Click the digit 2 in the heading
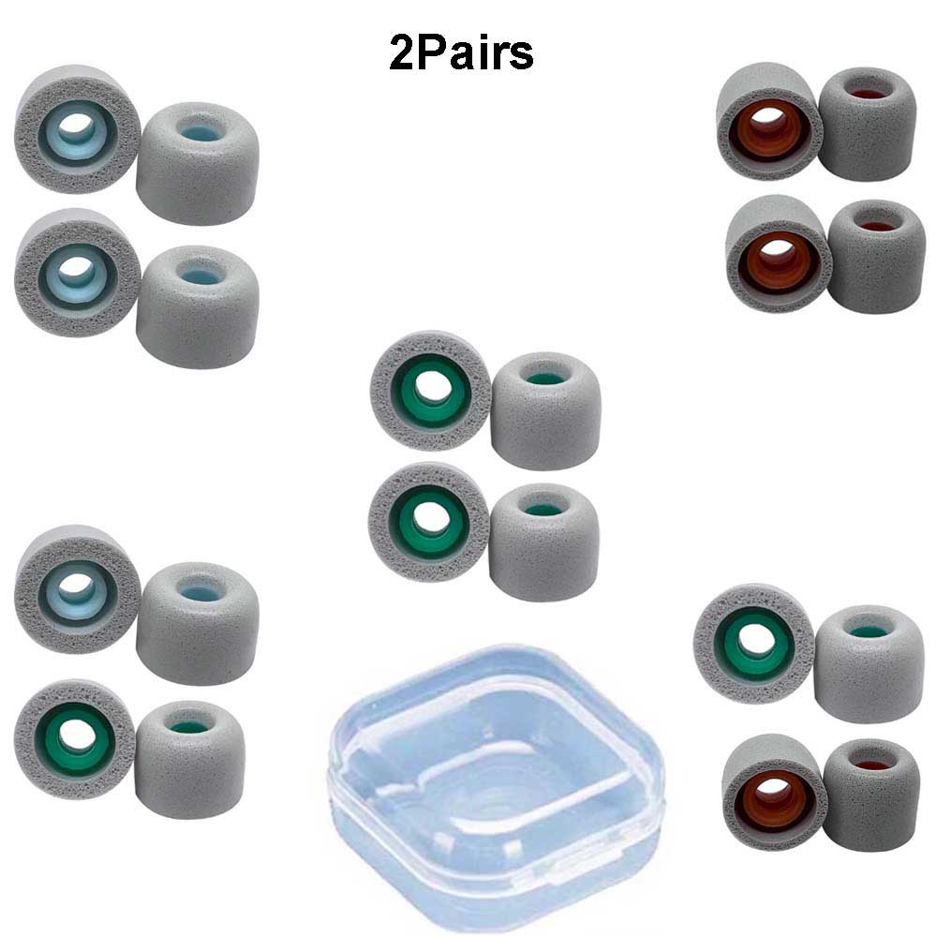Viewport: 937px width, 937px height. (402, 53)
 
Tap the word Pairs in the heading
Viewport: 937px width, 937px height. (475, 53)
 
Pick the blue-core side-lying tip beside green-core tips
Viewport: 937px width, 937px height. (198, 623)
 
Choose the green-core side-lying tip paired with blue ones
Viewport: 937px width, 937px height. (189, 759)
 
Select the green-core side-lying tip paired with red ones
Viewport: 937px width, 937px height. (869, 663)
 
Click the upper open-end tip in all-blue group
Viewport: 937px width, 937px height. (77, 128)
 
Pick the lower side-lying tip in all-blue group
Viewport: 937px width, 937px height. (198, 306)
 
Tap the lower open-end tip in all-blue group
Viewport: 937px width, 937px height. (77, 273)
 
